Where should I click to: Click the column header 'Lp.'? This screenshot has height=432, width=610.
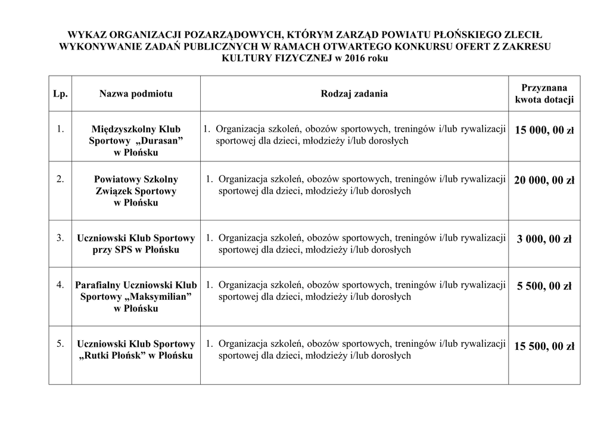click(x=60, y=94)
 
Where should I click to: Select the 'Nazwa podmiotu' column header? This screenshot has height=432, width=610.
click(x=136, y=94)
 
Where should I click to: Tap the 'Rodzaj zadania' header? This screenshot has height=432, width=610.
click(x=354, y=94)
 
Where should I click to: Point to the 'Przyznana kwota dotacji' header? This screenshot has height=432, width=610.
click(x=544, y=94)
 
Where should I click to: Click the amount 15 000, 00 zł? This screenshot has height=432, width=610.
click(x=544, y=130)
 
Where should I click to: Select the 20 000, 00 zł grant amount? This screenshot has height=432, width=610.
click(x=544, y=181)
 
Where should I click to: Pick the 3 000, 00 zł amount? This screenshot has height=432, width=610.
click(x=544, y=240)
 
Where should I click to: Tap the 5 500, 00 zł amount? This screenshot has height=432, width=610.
click(x=544, y=287)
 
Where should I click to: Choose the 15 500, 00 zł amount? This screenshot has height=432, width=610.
click(x=544, y=346)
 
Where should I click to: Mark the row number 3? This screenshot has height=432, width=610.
click(x=60, y=238)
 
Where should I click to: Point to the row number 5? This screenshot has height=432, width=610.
click(x=60, y=344)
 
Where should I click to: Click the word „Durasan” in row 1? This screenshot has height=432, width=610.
click(x=159, y=141)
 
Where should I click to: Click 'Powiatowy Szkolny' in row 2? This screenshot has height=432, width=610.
click(x=136, y=179)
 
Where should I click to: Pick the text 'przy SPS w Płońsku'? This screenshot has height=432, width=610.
click(x=136, y=250)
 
